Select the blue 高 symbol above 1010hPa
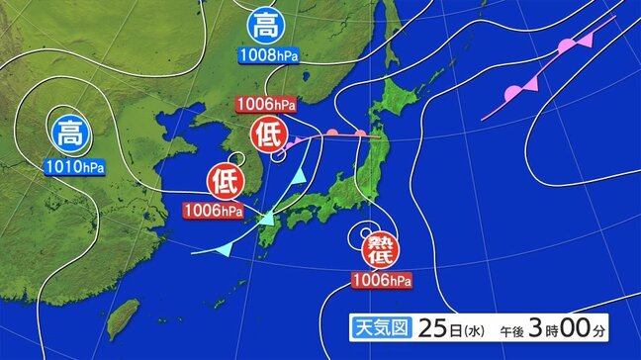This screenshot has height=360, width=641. (69, 131)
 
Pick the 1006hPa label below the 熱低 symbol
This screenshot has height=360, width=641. (381, 282)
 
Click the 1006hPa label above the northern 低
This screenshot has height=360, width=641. (265, 104)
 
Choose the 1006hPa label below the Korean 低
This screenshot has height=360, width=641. (213, 210)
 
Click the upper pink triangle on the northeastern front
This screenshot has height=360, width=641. (586, 40)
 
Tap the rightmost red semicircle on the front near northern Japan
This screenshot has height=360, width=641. (362, 132)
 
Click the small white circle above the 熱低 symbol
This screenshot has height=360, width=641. (369, 226)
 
